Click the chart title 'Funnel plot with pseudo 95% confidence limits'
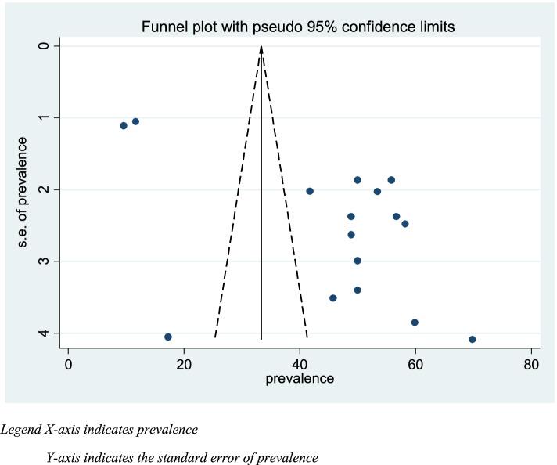pos(298,27)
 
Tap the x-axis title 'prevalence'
pos(300,379)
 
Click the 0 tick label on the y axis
pos(45,46)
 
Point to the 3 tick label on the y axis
pos(45,261)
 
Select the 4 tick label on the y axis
pos(45,333)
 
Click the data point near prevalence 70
pos(473,339)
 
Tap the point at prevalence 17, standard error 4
pos(168,337)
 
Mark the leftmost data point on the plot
pos(124,125)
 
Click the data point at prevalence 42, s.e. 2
pos(310,191)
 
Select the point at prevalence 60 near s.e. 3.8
pos(415,323)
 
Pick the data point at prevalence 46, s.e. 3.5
pos(333,298)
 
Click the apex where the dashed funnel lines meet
pos(261,47)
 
